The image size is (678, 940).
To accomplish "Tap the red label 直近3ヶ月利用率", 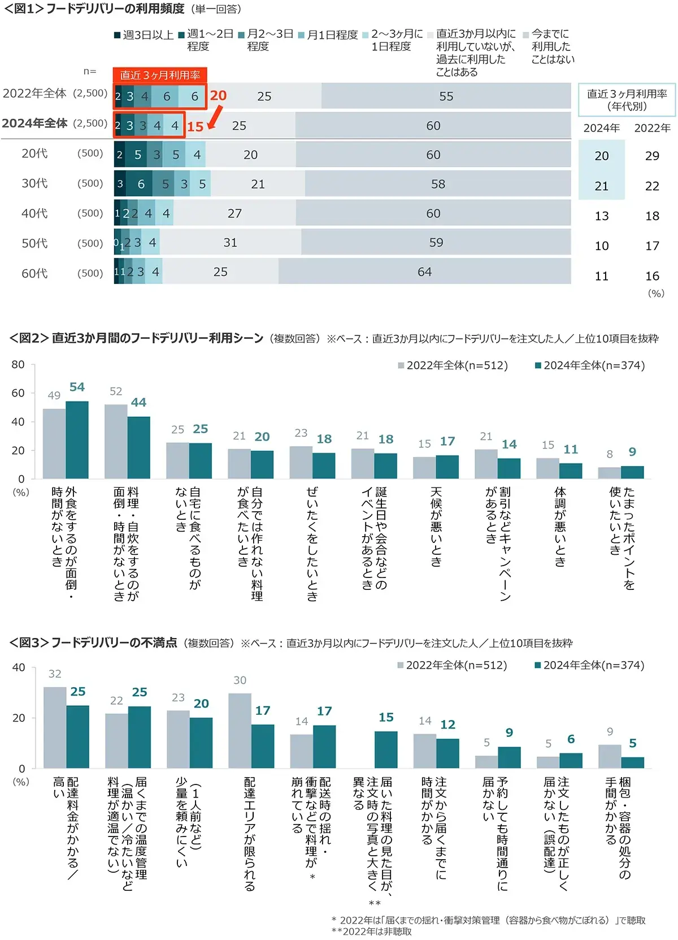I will pyautogui.click(x=160, y=75).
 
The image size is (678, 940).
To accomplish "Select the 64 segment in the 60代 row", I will pyautogui.click(x=424, y=271).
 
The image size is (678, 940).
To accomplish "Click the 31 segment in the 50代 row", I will pyautogui.click(x=231, y=242).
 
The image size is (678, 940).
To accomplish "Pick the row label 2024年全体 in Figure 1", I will pyautogui.click(x=35, y=123).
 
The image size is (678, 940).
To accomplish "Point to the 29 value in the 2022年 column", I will pyautogui.click(x=652, y=156).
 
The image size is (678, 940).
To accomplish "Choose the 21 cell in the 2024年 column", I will pyautogui.click(x=602, y=186).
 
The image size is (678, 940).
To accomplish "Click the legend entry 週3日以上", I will pyautogui.click(x=144, y=35).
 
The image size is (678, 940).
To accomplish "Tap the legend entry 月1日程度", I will pyautogui.click(x=328, y=35).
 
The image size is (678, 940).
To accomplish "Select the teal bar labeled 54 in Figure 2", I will pyautogui.click(x=77, y=439).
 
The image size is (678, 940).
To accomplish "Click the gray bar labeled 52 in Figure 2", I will pyautogui.click(x=116, y=441).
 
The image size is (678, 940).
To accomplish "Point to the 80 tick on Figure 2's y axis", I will pyautogui.click(x=18, y=364).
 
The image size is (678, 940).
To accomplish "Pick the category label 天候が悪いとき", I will pyautogui.click(x=436, y=526).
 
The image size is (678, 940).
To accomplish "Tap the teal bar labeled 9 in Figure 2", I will pyautogui.click(x=632, y=472).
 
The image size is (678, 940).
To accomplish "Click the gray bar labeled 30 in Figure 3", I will pyautogui.click(x=240, y=730).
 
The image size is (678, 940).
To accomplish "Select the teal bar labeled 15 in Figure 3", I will pyautogui.click(x=386, y=749).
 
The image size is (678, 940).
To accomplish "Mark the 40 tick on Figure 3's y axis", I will pyautogui.click(x=19, y=667).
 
